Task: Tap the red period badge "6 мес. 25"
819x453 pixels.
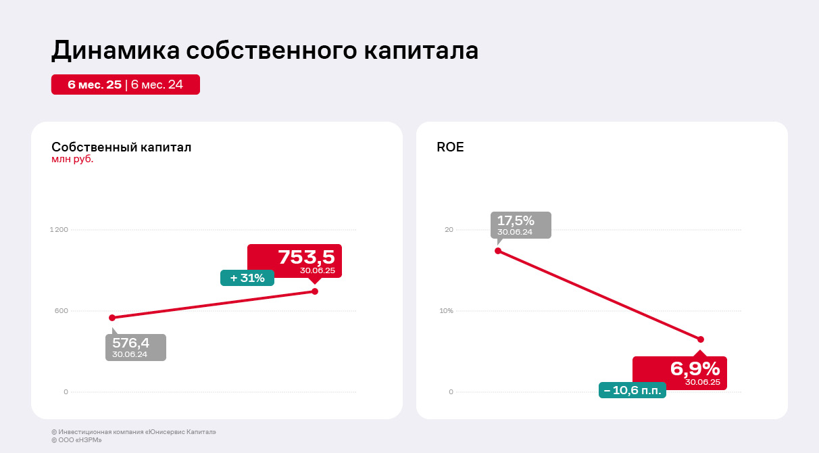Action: click(94, 85)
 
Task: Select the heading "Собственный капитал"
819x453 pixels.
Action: click(122, 147)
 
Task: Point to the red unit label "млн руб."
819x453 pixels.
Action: click(72, 160)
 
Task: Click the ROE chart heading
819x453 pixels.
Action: click(451, 147)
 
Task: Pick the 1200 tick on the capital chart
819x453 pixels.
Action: click(59, 230)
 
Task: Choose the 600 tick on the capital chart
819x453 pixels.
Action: click(61, 311)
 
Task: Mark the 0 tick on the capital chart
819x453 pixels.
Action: click(66, 392)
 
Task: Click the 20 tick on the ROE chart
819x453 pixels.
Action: click(449, 230)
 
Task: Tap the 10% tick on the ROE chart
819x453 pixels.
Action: click(446, 311)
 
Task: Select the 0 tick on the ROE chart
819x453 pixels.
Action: click(451, 392)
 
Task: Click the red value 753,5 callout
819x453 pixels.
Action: click(295, 260)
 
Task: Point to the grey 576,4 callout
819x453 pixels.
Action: click(135, 347)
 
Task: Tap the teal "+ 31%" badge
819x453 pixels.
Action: click(247, 278)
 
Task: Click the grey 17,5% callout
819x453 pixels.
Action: click(521, 224)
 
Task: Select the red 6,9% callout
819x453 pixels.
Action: click(680, 373)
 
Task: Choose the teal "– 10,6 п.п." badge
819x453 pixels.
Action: click(632, 390)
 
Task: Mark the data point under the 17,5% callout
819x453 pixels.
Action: click(498, 251)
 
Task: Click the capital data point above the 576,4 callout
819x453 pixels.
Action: click(112, 318)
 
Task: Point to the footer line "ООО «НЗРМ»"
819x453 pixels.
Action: click(74, 440)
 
